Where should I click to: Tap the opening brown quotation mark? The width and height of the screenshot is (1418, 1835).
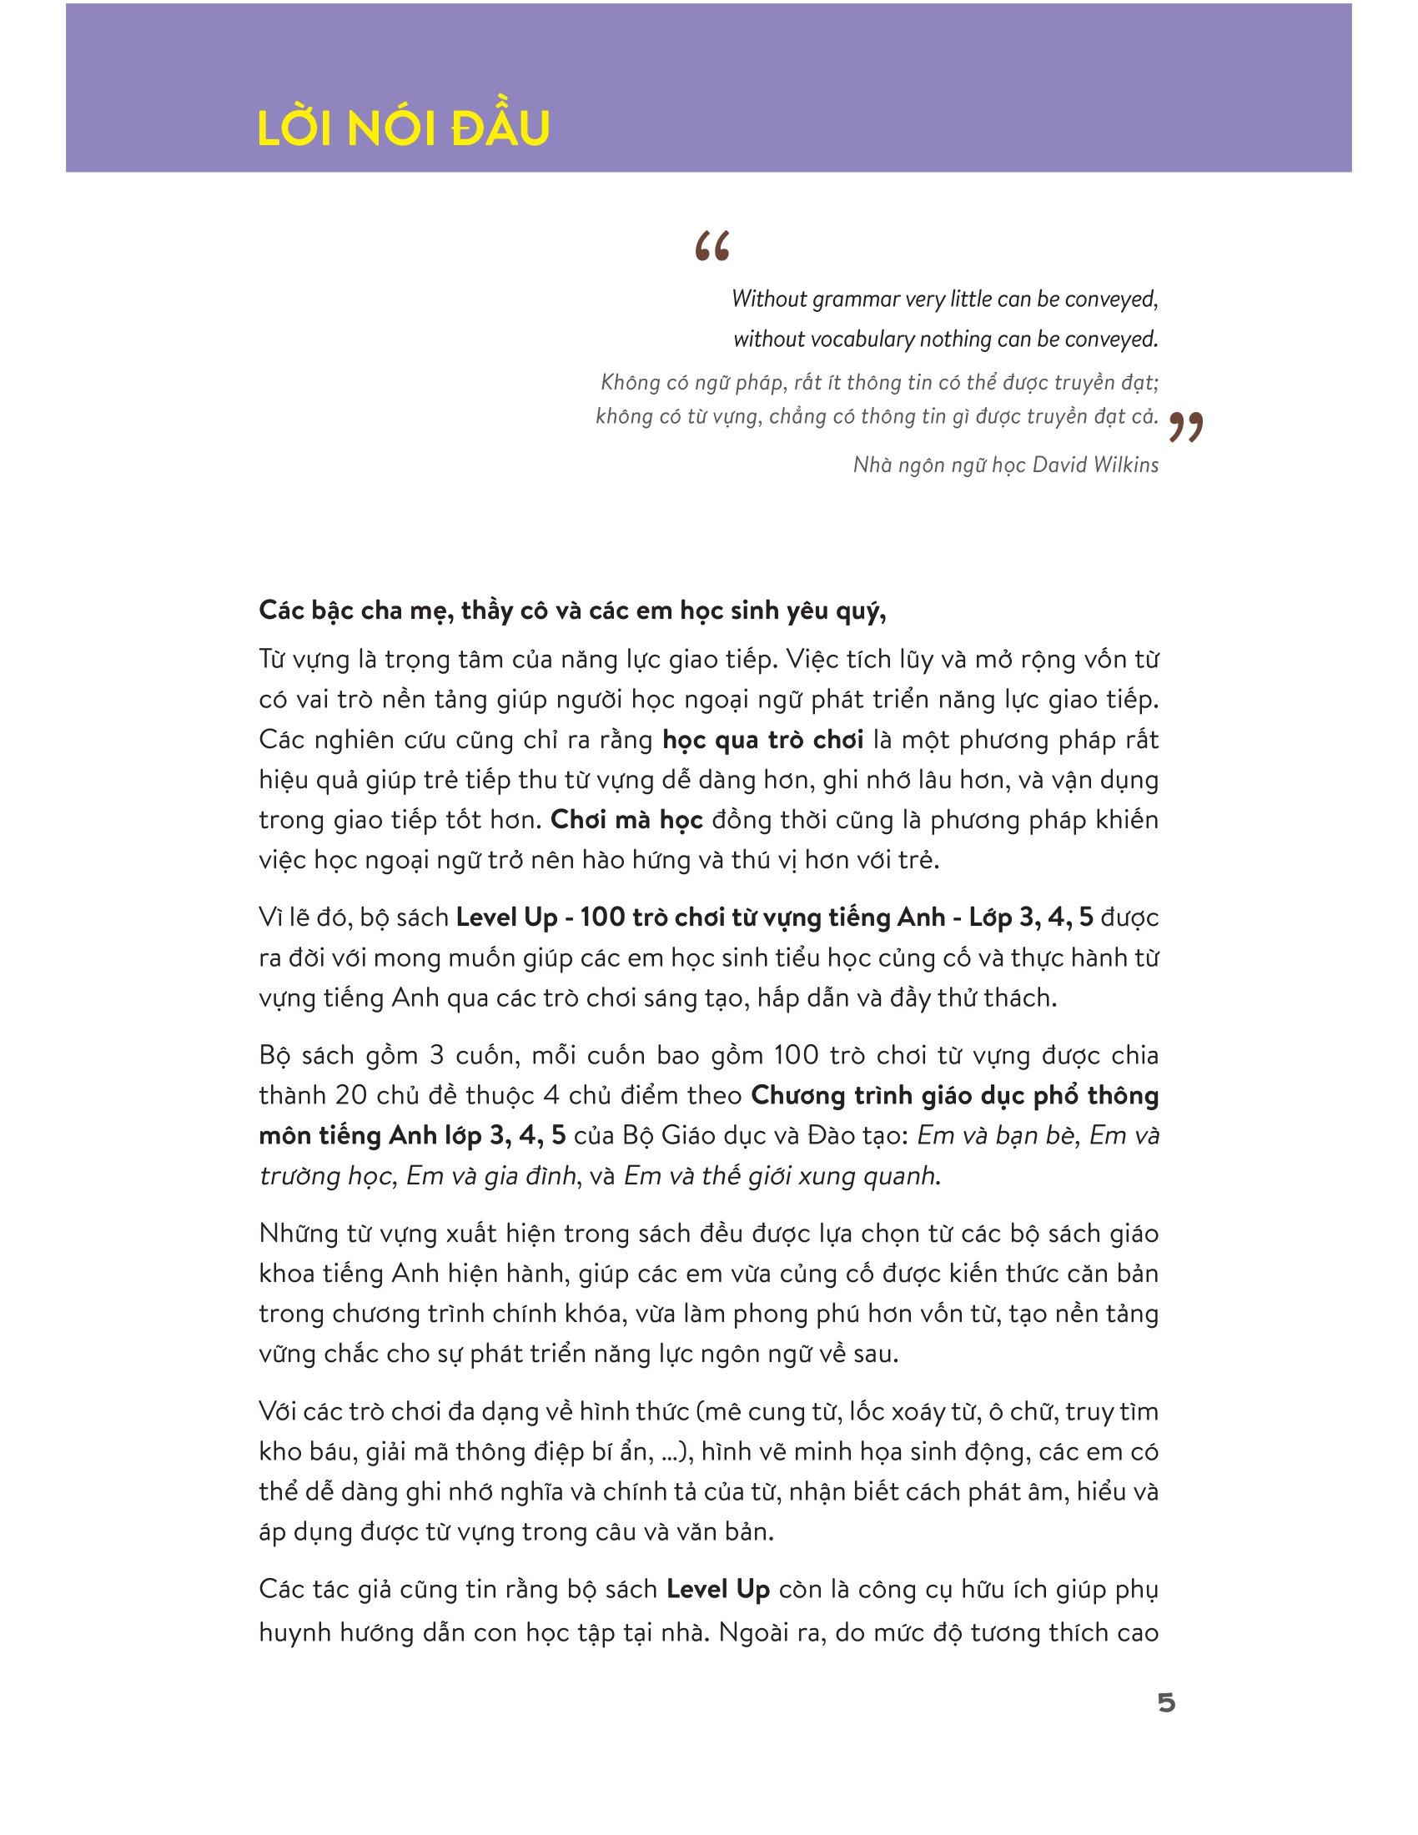point(712,248)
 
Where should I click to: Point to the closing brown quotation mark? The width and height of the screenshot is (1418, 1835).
point(1185,428)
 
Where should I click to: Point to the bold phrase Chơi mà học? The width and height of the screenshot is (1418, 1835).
point(626,819)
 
